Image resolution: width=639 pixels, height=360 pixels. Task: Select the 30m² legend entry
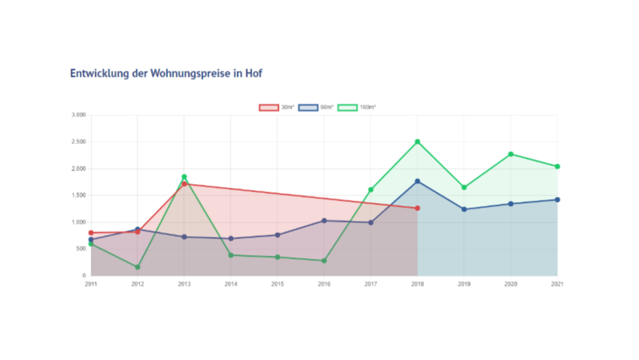coord(277,107)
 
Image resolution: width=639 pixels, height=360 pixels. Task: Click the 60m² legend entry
coord(316,107)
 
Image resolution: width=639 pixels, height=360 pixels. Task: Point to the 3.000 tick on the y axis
coord(79,116)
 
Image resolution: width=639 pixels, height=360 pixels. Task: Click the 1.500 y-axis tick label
coord(79,195)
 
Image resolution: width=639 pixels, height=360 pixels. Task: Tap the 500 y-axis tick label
coord(81,249)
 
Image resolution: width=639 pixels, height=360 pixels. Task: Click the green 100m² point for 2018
coord(417,142)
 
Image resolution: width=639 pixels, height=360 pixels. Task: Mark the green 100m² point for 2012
coord(138,267)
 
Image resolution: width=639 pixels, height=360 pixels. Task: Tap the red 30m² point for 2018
coord(417,208)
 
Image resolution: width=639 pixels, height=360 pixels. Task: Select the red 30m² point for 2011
coord(91,233)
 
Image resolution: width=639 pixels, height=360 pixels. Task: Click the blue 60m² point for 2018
coord(417,181)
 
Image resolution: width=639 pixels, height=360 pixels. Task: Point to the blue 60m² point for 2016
coord(324,220)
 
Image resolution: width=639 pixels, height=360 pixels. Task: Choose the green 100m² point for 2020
coord(511,154)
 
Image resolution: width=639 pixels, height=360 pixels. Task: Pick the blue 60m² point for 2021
coord(557,199)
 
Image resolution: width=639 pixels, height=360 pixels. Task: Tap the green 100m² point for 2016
coord(324,261)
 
